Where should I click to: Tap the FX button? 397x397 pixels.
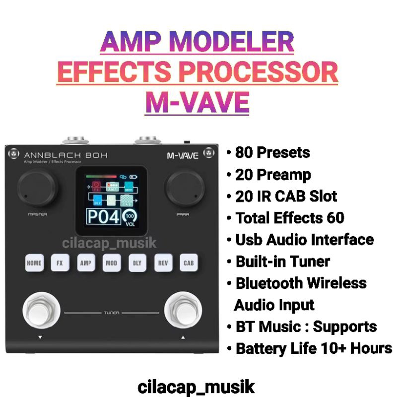coord(60,263)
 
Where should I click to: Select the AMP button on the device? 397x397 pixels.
coord(85,263)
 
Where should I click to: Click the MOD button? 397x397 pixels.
coord(111,263)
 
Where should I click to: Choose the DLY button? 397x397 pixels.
coord(137,263)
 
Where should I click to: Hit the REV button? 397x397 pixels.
coord(163,263)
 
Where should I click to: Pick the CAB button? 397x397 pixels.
coord(189,263)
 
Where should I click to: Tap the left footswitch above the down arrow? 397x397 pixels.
coord(40,311)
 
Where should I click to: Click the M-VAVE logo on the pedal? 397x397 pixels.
coord(182,156)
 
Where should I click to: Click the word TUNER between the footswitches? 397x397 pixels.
coord(111,313)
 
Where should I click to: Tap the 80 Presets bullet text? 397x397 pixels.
coord(272,152)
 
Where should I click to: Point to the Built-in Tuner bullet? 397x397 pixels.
coord(282,261)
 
